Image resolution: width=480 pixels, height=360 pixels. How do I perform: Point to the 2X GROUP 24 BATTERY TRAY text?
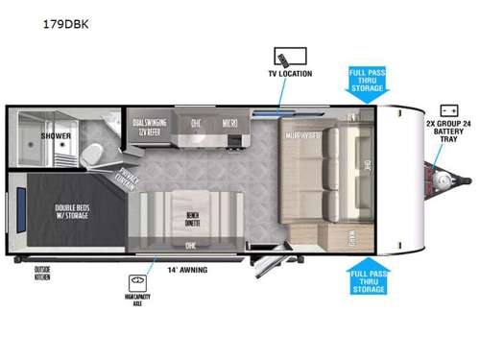point(448,132)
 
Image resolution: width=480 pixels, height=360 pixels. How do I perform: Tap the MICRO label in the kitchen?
point(230,124)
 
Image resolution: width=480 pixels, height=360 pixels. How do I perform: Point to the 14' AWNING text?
point(187,270)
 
